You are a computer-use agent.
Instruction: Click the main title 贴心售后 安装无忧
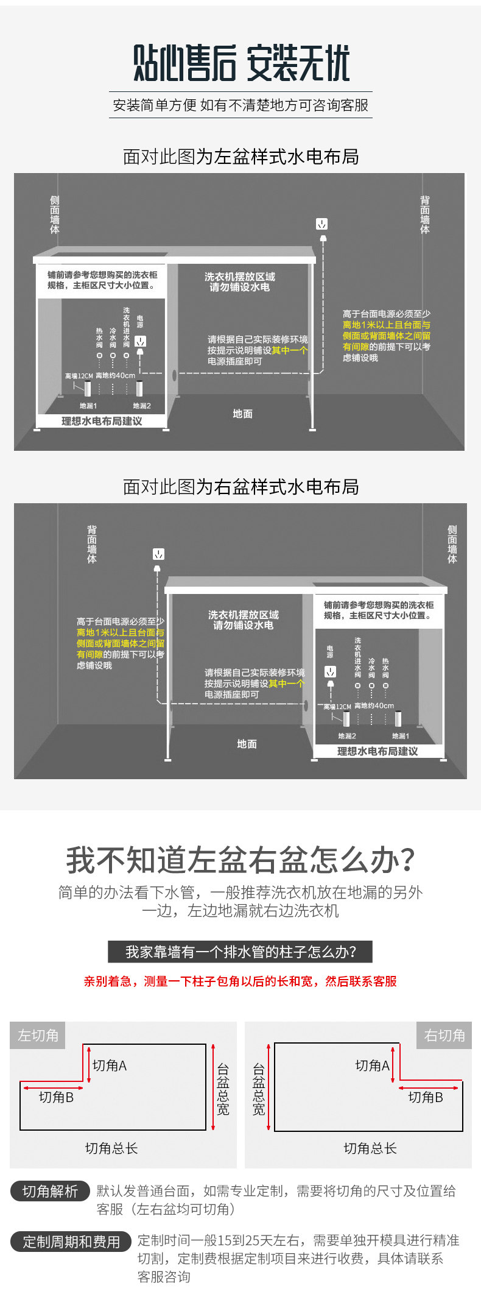tap(242, 63)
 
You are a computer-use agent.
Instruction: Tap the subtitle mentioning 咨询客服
tap(240, 105)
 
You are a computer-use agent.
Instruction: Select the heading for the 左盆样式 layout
tap(240, 157)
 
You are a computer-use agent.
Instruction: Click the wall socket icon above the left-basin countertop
tap(322, 224)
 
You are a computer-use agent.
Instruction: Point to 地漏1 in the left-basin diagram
tap(88, 406)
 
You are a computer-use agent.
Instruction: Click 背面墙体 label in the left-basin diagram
tap(425, 214)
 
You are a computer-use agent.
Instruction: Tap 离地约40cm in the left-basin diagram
tap(116, 376)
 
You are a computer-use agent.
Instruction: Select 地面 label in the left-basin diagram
tap(242, 414)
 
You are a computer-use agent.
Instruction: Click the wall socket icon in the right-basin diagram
tap(158, 554)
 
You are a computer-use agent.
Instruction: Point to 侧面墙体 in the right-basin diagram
tap(452, 544)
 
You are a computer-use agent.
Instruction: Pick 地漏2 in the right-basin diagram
tap(347, 736)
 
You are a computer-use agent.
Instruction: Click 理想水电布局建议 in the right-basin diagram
tap(377, 751)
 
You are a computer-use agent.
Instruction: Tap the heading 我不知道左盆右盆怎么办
tap(240, 860)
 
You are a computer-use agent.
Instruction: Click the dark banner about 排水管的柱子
tap(240, 952)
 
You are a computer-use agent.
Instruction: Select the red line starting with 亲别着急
tap(240, 981)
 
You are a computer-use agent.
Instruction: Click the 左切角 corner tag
tap(38, 1035)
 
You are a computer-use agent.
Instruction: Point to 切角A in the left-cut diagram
tap(110, 1066)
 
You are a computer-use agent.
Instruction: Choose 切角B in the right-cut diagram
tap(426, 1097)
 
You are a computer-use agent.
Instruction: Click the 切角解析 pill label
tap(51, 1191)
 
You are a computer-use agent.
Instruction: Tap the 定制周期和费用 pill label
tap(71, 1242)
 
